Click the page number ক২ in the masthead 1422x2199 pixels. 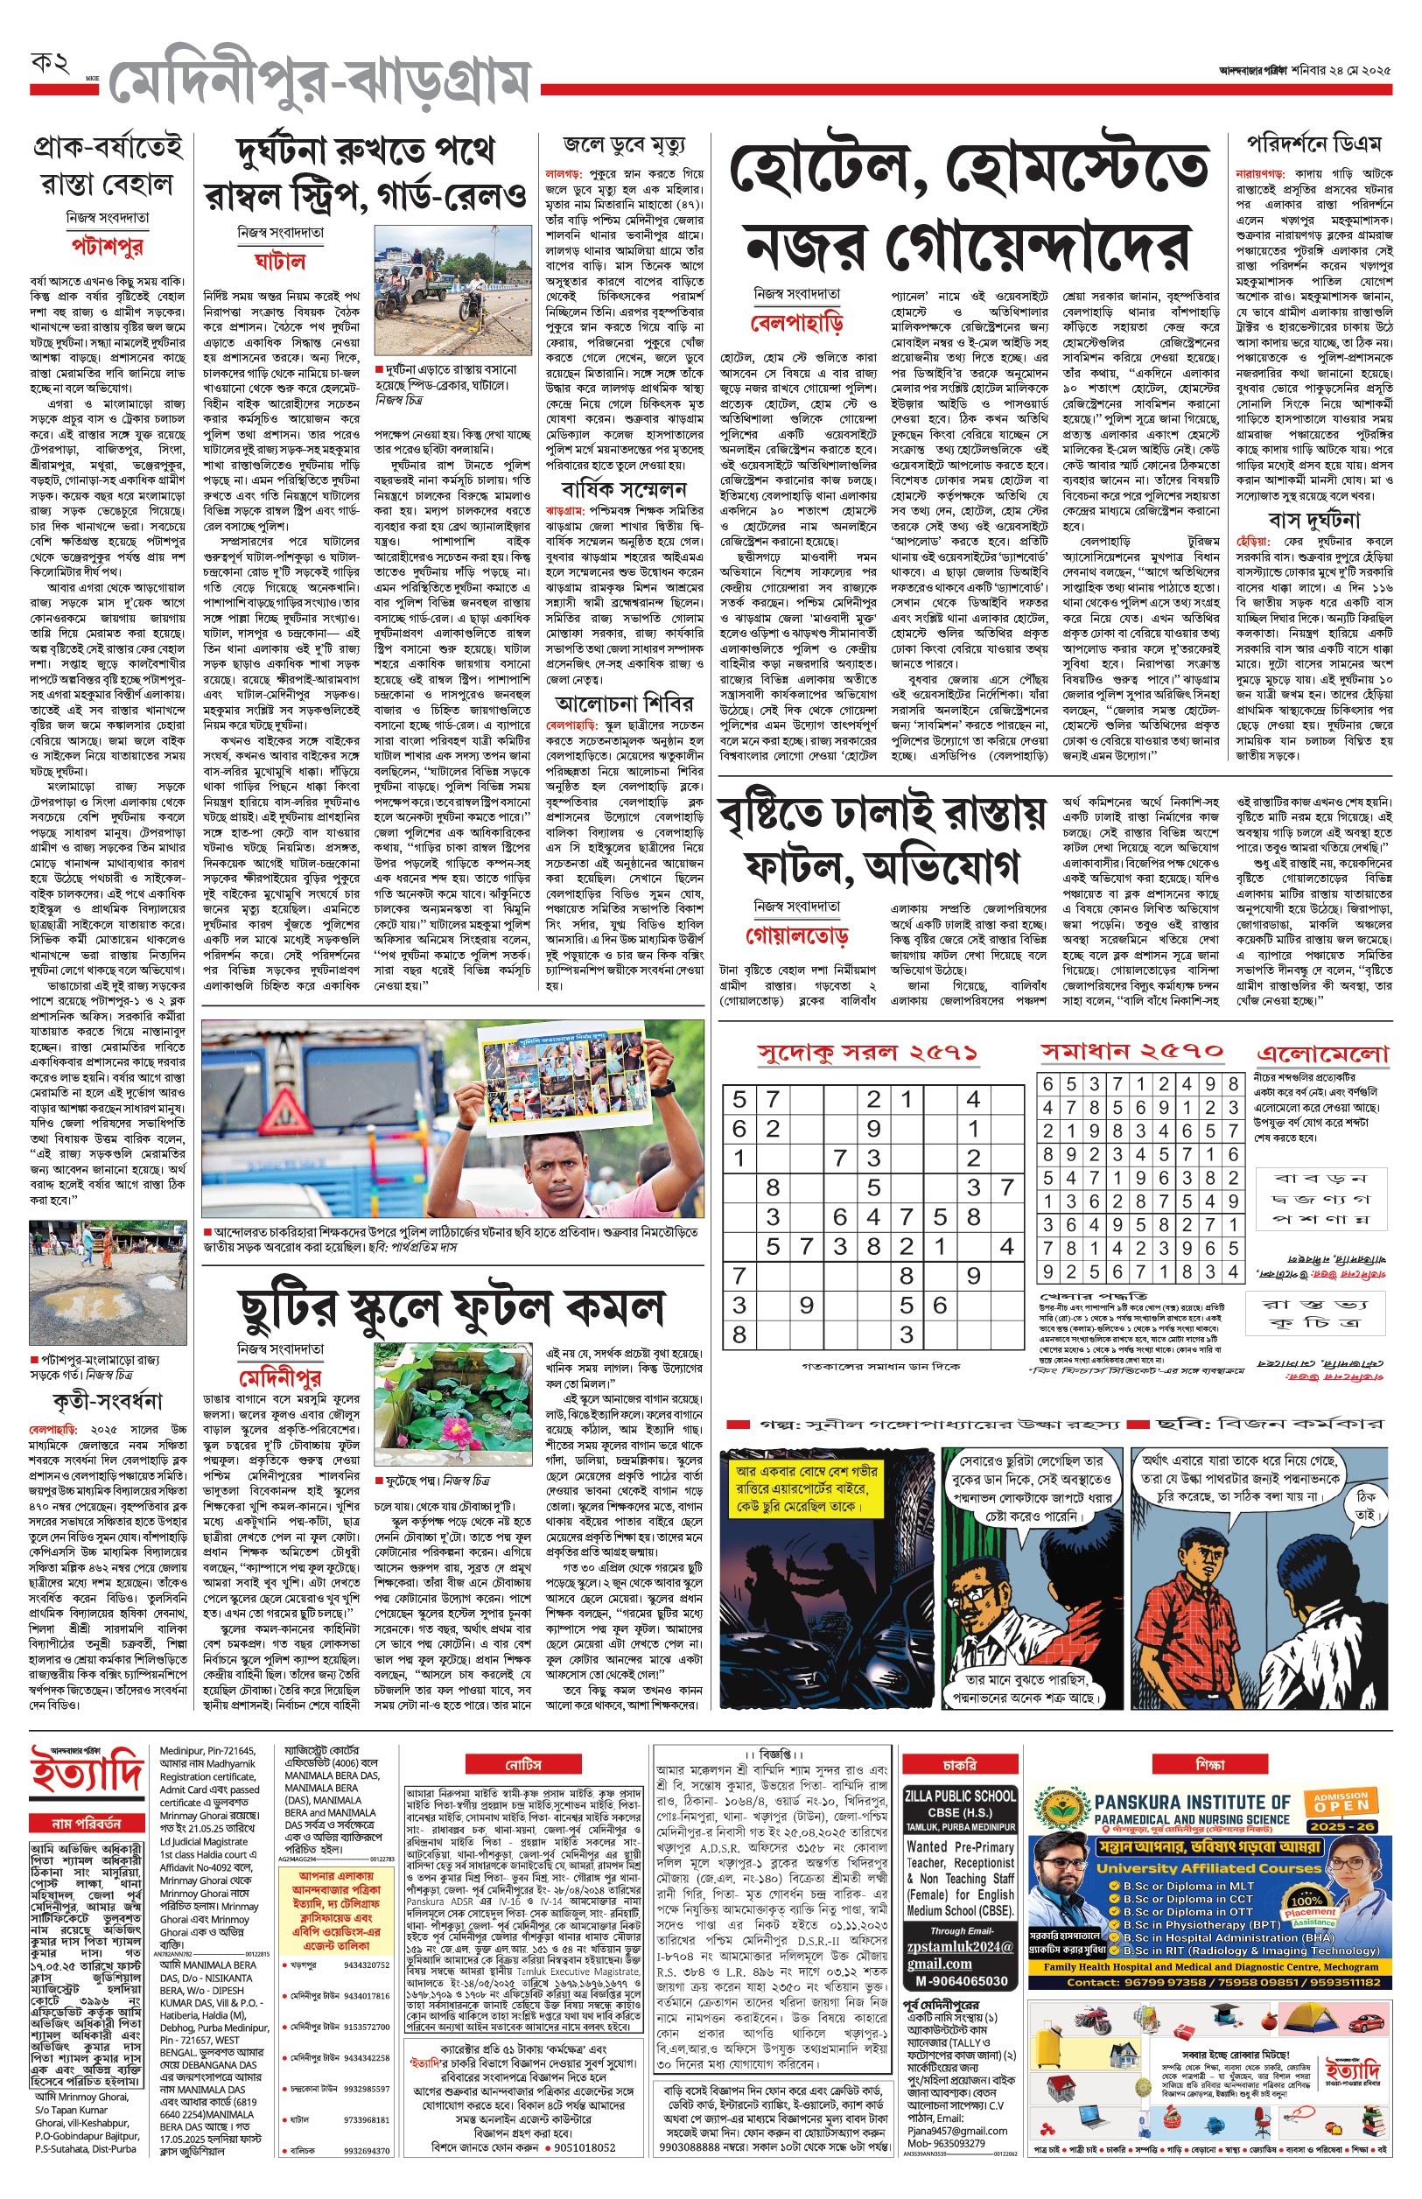click(x=51, y=65)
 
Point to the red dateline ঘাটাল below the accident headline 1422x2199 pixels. click(x=280, y=262)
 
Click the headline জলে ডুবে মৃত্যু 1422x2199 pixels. click(x=623, y=146)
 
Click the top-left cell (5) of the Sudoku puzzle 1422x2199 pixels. click(x=739, y=1099)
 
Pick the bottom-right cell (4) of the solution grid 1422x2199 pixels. click(x=1232, y=1271)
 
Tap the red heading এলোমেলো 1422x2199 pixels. click(x=1322, y=1054)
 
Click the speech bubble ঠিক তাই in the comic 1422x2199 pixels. click(x=1367, y=1506)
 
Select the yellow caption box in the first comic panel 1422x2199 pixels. click(x=807, y=1488)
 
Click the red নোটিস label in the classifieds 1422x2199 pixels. click(x=522, y=1764)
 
